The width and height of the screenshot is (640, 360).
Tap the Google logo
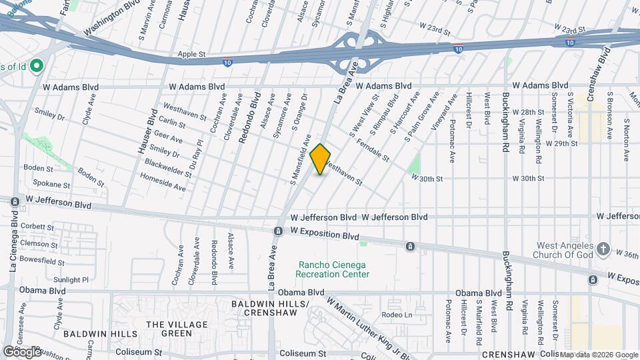pos(22,351)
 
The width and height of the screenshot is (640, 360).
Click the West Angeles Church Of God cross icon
pos(603,249)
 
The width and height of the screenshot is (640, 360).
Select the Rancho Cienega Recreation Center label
pos(333,269)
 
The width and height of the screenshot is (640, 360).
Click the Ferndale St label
pos(373,151)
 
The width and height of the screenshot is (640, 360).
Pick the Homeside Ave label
pos(163,183)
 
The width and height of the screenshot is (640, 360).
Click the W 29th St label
pos(560,143)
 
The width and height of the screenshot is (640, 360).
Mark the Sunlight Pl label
pos(71,280)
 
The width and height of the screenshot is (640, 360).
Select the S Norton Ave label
pos(627,140)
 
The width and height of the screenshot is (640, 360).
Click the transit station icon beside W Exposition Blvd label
pos(277,231)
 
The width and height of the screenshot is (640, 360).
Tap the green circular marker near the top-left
pos(37,65)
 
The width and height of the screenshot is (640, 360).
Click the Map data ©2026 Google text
pos(598,355)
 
